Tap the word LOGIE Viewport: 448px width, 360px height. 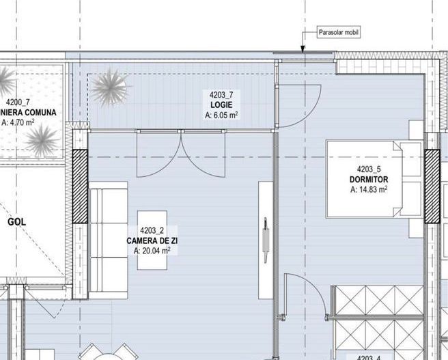tap(221, 105)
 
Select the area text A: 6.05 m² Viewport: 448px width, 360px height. tap(221, 115)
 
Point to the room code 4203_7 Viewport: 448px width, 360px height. tap(221, 95)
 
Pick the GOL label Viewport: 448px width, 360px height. tap(16, 223)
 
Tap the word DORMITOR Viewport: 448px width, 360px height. tap(368, 180)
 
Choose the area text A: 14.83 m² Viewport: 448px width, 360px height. tap(369, 190)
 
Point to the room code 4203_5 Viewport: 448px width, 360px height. tap(369, 169)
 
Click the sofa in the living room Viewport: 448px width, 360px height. tap(109, 238)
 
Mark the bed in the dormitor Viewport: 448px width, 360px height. tap(372, 178)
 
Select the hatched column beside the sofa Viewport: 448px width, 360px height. tap(80, 186)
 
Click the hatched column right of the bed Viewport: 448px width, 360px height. tap(432, 186)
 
